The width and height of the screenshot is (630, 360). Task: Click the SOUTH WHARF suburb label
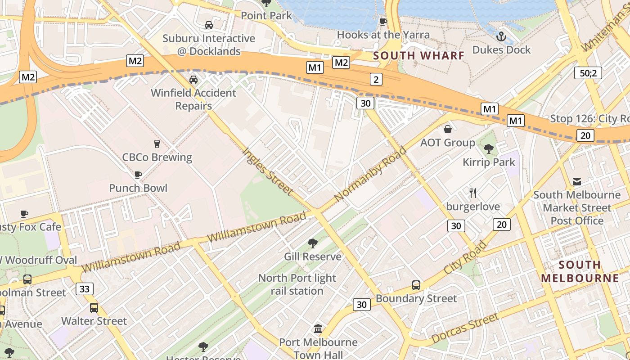(418, 56)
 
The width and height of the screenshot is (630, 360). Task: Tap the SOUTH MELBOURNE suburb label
(580, 271)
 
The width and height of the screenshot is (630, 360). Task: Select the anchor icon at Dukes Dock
(501, 36)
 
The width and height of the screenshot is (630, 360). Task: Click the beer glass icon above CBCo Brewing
(157, 144)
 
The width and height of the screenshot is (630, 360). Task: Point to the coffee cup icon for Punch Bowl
(138, 175)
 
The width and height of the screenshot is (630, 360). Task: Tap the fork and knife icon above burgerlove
(473, 193)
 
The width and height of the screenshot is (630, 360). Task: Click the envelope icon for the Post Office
(577, 182)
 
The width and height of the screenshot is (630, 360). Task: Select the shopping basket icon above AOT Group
(448, 130)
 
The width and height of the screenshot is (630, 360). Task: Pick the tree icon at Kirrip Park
(489, 148)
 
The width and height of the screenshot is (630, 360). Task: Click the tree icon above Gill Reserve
(312, 243)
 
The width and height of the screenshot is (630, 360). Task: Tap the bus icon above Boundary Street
(416, 285)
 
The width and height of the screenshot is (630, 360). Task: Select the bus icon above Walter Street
(94, 308)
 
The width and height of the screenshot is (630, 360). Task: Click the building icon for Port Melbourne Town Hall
(318, 329)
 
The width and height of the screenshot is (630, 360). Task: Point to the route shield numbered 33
(85, 288)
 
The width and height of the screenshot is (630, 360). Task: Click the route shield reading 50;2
(588, 73)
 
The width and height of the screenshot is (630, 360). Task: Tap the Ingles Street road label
(268, 171)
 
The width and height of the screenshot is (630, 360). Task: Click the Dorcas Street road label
(465, 328)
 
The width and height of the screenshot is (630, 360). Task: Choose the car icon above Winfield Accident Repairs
(193, 80)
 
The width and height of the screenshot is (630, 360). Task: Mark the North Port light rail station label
(297, 284)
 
